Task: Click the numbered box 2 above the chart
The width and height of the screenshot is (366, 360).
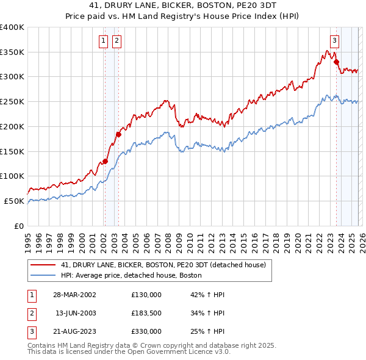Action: click(116, 41)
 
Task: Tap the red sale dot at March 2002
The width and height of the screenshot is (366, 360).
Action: click(105, 161)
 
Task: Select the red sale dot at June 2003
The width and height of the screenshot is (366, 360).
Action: click(118, 134)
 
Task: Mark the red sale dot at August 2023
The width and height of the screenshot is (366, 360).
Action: click(336, 62)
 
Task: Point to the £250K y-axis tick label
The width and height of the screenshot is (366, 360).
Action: click(12, 102)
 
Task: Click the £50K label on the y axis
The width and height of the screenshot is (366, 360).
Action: click(15, 201)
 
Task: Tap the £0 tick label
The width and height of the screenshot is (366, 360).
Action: click(20, 226)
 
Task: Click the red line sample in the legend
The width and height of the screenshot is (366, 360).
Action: click(43, 265)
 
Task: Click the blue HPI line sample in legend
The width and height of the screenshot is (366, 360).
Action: click(43, 276)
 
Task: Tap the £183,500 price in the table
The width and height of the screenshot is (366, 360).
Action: click(146, 313)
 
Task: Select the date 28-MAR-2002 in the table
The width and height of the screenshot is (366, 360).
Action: click(76, 295)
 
